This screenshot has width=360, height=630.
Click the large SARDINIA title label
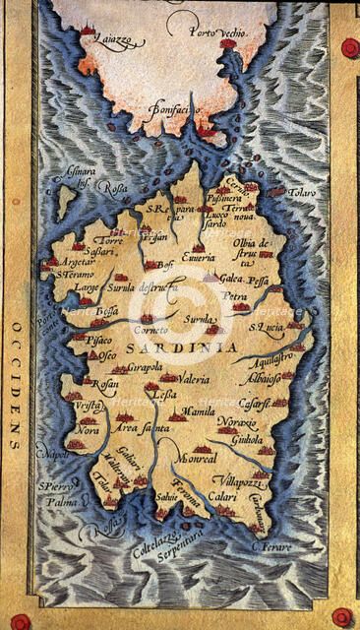coord(194,347)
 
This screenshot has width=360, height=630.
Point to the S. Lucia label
coord(266,326)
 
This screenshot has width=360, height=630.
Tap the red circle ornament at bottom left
coord(21,621)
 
